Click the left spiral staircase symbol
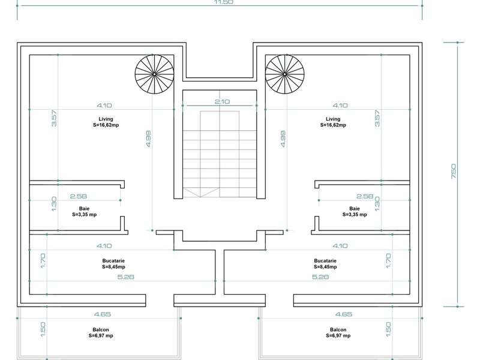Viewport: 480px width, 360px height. click(154, 74)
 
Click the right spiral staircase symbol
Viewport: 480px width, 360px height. click(284, 74)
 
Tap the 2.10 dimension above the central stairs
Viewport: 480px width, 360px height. click(222, 101)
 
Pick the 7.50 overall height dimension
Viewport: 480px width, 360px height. click(454, 172)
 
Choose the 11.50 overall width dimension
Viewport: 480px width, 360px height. click(223, 2)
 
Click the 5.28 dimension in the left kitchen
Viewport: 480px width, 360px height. click(126, 277)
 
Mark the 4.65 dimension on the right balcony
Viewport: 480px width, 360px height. click(344, 314)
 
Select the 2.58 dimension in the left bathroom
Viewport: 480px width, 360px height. click(79, 196)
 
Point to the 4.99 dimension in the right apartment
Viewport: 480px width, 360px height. click(283, 139)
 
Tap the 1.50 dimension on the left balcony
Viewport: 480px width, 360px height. click(43, 329)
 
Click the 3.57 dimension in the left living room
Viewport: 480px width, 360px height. click(54, 118)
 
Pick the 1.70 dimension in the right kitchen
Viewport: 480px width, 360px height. click(388, 261)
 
